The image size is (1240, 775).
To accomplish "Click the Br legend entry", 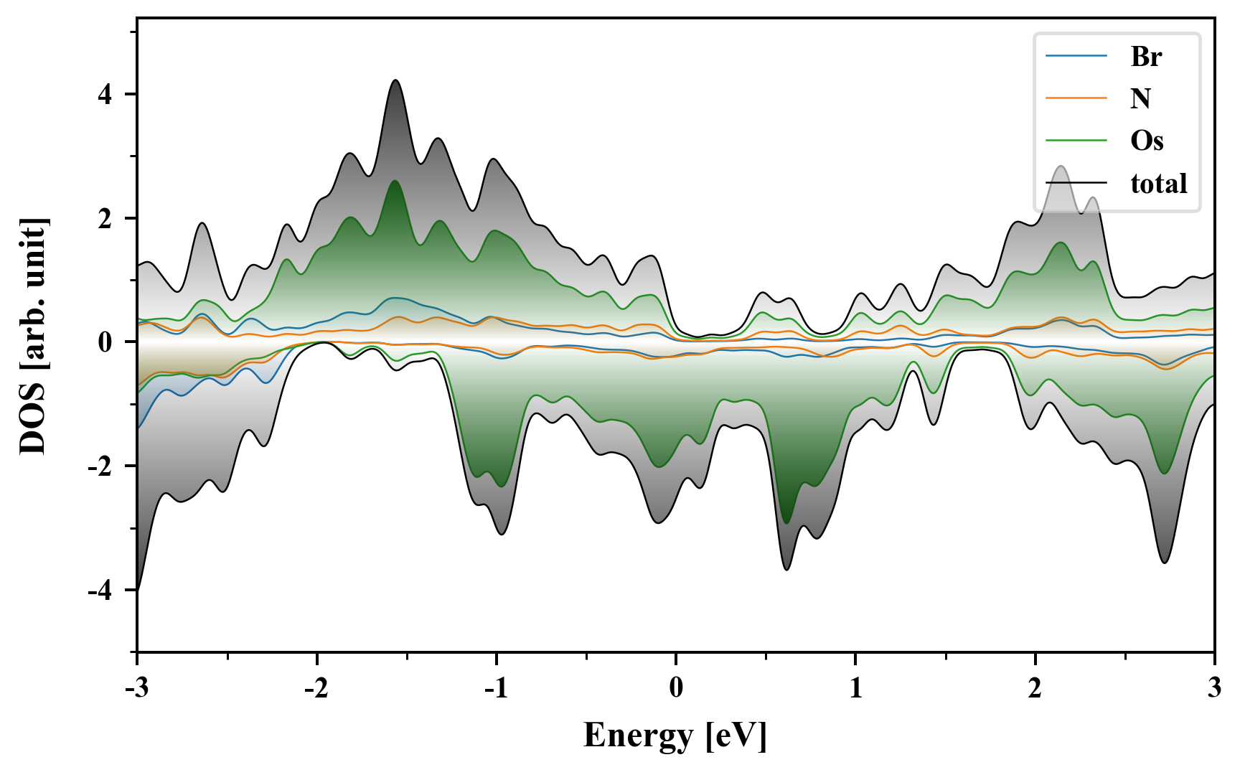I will click(x=1146, y=56).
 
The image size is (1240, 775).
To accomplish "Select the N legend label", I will click(x=1140, y=98).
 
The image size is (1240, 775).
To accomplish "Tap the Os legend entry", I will click(x=1147, y=141).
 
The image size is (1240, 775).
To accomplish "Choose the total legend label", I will click(x=1159, y=184).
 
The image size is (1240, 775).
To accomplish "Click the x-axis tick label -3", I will click(x=136, y=688).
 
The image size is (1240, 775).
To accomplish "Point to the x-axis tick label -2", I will click(x=316, y=688).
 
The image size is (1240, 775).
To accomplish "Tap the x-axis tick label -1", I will click(x=496, y=688).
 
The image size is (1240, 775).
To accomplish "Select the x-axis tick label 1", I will click(x=855, y=688).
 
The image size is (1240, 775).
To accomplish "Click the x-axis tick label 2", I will click(x=1035, y=688).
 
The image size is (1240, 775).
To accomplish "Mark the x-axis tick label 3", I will click(x=1214, y=688).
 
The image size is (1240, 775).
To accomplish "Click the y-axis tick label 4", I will click(x=106, y=94).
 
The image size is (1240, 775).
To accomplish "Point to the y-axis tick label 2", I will click(x=106, y=218).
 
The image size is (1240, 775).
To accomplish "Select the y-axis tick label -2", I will click(x=101, y=466).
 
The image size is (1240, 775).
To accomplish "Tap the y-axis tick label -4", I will click(x=101, y=591).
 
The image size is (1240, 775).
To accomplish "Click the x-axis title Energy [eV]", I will click(x=675, y=736).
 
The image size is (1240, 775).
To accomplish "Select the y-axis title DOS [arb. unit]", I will click(x=33, y=336).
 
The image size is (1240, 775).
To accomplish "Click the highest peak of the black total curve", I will click(x=395, y=80).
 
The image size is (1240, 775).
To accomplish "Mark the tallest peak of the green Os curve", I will click(x=395, y=181).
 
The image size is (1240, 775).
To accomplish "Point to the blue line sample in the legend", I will click(x=1076, y=56).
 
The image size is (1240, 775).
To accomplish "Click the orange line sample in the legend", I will click(x=1076, y=98).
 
